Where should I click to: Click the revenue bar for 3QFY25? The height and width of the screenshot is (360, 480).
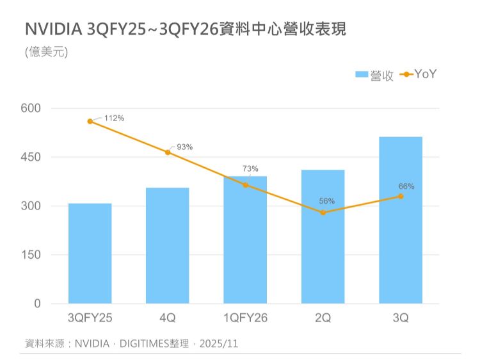(90, 253)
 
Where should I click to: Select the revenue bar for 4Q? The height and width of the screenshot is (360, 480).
(168, 245)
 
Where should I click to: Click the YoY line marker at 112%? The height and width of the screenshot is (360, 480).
(90, 121)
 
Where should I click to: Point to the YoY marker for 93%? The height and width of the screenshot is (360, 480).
(168, 152)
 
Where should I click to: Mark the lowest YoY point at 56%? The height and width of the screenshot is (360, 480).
(323, 213)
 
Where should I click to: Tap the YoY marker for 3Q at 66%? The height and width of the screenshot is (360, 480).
(401, 196)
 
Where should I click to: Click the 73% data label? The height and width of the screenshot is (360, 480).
(250, 168)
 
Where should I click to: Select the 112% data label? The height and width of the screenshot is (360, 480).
(114, 119)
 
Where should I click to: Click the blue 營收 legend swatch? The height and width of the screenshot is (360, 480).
(362, 75)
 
